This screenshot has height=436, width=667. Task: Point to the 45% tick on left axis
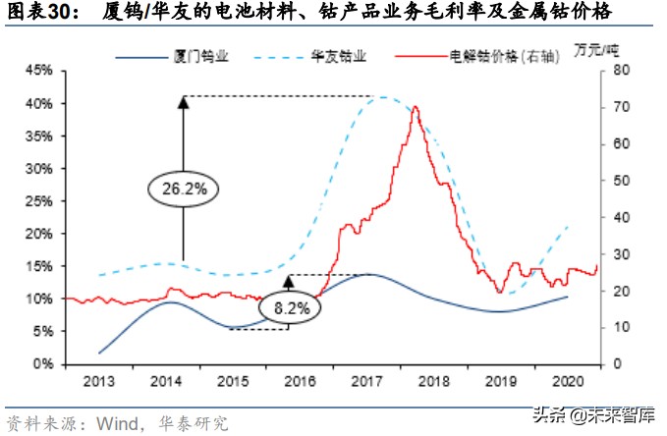(x=38, y=71)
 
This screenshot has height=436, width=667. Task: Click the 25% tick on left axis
(x=38, y=200)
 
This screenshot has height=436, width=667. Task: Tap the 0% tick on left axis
(x=42, y=363)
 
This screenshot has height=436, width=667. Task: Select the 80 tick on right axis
(x=617, y=71)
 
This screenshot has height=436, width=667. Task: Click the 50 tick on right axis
(x=617, y=181)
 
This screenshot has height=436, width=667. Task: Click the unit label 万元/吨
(x=618, y=50)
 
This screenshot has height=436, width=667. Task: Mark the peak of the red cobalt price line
(x=416, y=106)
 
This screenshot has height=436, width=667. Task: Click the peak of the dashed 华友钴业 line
(x=381, y=96)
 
